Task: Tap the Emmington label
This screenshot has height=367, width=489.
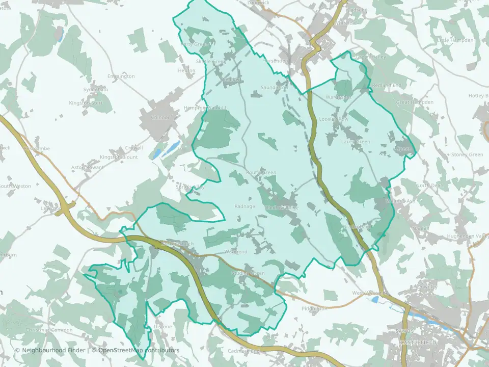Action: coord(121,76)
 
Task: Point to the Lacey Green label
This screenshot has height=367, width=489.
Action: coord(356,142)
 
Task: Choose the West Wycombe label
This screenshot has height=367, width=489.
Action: coord(370,294)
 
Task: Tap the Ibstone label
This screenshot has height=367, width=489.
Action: coord(162,326)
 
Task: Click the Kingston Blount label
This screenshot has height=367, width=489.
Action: coord(119,157)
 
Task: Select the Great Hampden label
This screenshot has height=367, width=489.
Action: coord(415,102)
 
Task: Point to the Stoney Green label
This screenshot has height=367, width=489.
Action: coord(467,154)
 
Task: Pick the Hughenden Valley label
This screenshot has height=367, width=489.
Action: coord(465,237)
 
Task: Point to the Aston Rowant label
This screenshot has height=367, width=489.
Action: coord(87,167)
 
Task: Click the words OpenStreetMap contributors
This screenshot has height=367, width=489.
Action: coord(139,350)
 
